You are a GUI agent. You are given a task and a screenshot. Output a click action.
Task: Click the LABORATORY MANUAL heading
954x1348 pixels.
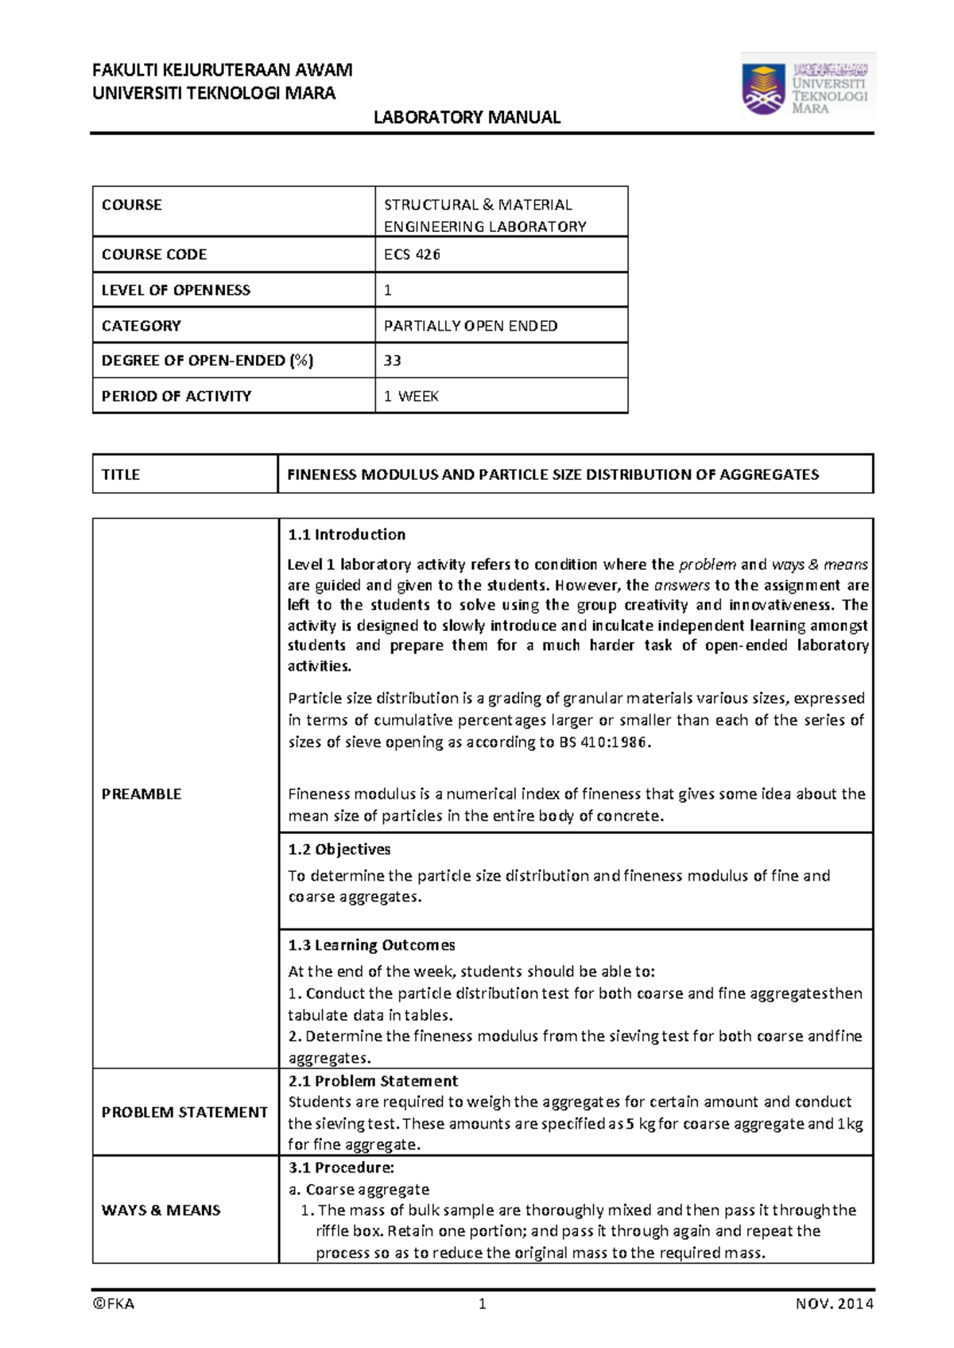coord(467,118)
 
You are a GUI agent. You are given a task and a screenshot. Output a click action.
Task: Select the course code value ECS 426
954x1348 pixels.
coord(412,254)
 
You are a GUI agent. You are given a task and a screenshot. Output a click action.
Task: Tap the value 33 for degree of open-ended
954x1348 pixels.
coord(393,360)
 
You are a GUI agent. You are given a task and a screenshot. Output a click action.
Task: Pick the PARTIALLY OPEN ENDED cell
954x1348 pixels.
coord(471,326)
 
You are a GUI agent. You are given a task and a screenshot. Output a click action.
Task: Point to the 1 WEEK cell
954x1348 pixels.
coord(411,396)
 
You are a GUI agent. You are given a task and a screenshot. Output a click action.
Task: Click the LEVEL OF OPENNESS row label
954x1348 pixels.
coord(176,290)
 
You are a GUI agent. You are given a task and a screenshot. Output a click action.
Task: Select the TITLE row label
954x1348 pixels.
coord(121,475)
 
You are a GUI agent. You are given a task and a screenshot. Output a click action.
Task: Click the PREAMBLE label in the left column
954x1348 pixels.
coord(142,794)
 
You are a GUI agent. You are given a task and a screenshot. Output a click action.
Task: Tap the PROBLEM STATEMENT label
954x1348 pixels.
coord(184,1112)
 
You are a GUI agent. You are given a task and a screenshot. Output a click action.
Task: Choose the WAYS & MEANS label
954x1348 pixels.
coord(161,1210)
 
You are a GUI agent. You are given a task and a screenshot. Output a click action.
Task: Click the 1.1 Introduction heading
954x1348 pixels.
coord(347,534)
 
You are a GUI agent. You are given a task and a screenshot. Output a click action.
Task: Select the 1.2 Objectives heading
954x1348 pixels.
coord(339,849)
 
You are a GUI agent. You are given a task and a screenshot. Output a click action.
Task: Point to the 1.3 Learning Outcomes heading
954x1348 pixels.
coord(371,945)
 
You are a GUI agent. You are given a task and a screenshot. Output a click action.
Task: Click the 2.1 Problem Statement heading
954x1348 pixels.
coord(373,1081)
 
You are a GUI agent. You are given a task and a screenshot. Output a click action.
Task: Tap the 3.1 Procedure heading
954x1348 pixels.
coord(341,1168)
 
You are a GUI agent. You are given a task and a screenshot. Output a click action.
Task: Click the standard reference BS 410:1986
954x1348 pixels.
coord(605,742)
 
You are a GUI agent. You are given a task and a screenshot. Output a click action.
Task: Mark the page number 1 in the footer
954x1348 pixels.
coord(482,1303)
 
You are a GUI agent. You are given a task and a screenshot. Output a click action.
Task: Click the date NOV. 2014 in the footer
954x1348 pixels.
coord(834,1303)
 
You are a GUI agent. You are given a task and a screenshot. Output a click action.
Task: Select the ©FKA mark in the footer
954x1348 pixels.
coord(114,1303)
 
